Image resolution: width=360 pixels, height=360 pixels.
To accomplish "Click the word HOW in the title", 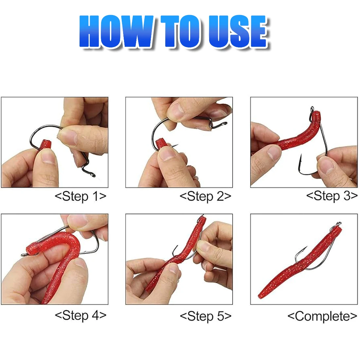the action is coord(116,31).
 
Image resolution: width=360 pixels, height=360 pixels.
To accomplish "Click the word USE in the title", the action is coord(238,31).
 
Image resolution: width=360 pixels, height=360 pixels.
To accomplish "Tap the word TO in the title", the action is coord(180,31).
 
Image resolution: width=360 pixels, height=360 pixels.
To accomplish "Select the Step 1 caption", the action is coord(81,196).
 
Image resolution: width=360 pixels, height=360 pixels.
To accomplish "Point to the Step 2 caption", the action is coord(205,196).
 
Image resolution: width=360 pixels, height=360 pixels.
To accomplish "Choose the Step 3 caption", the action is coord(332,196).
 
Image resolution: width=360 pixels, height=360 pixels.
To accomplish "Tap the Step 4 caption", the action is coord(81,315).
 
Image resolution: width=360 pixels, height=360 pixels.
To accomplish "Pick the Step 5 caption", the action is coord(206,316).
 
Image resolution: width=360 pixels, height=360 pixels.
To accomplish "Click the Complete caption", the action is coord(322,316).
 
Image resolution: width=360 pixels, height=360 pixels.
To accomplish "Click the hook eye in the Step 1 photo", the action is coord(93,175).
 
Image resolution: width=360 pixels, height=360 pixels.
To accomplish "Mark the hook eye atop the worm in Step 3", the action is coord(312,109).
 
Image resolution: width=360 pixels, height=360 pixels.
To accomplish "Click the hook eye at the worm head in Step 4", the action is coord(24,254).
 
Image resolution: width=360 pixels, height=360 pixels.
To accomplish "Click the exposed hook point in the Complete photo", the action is coord(305,248).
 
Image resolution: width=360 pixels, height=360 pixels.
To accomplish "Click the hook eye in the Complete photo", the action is coord(338,224).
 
